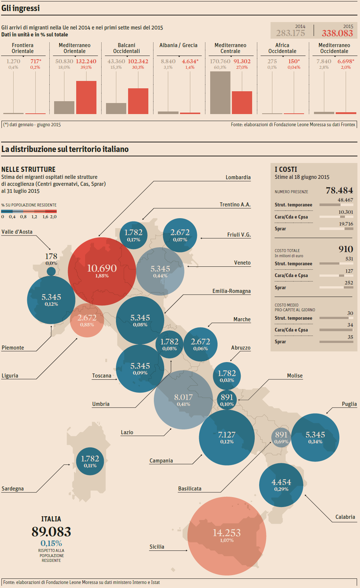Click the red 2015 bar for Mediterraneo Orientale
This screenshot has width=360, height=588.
click(86, 98)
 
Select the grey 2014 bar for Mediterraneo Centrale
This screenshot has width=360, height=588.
click(220, 93)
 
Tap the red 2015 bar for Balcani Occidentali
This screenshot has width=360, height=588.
click(138, 101)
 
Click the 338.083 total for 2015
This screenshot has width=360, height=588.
click(337, 33)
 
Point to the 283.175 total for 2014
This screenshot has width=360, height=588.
click(290, 33)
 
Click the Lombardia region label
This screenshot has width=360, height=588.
click(238, 177)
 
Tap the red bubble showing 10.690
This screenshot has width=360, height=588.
click(102, 271)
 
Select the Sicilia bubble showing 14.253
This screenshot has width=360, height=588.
click(227, 536)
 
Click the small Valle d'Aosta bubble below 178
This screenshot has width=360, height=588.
click(51, 272)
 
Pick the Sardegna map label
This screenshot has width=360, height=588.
click(13, 489)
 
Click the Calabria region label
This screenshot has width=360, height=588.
click(345, 517)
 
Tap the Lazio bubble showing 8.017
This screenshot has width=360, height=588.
click(183, 400)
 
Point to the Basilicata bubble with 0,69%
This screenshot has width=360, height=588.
click(281, 438)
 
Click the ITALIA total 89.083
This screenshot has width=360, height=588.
click(51, 532)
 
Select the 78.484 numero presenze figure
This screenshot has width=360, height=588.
click(339, 190)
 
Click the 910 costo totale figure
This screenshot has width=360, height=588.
click(346, 249)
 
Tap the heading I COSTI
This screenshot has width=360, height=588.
click(286, 169)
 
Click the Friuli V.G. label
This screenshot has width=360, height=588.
click(239, 235)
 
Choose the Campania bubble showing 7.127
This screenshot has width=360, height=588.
click(227, 437)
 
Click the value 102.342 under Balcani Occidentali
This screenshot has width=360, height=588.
click(138, 61)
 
